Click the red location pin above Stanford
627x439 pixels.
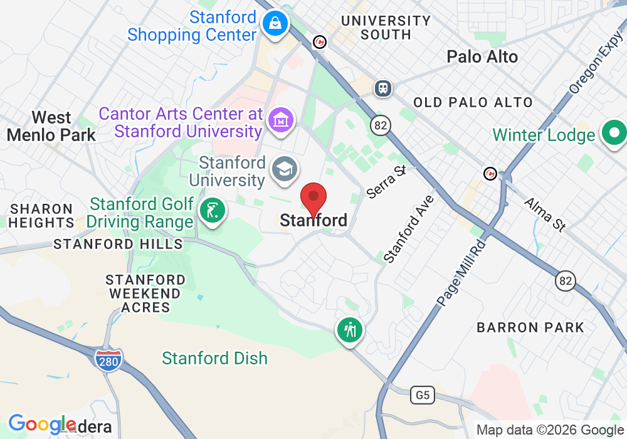(313, 198)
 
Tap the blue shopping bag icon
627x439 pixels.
(275, 24)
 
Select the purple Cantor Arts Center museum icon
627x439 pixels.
(280, 119)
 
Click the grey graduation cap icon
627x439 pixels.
(285, 169)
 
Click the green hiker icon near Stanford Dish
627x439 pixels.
(350, 329)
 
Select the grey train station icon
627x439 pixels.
(382, 88)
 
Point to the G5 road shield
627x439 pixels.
(423, 395)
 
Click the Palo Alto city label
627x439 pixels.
(482, 57)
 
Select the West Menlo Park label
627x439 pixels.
(51, 126)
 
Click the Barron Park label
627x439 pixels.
(530, 327)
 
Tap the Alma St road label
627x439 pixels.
(544, 214)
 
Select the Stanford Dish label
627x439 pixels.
(214, 358)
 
